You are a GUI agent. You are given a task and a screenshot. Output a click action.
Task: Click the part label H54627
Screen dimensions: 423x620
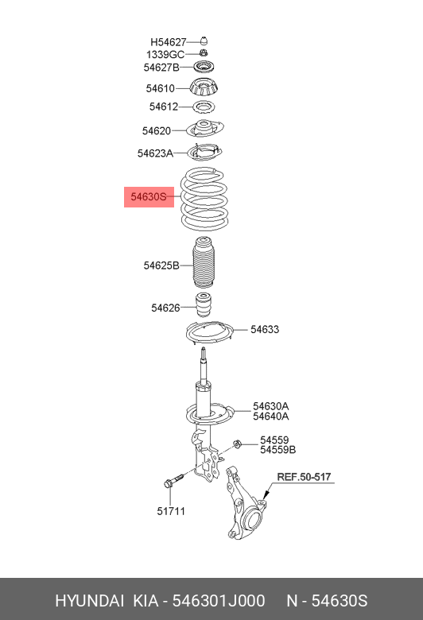point(169,42)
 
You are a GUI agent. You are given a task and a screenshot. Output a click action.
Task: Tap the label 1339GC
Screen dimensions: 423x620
point(165,55)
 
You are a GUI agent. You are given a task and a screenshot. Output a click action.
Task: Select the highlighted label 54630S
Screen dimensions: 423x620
point(149,196)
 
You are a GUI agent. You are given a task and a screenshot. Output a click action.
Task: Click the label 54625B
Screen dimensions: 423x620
point(161,265)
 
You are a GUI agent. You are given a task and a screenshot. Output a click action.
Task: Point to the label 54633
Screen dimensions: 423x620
point(265,329)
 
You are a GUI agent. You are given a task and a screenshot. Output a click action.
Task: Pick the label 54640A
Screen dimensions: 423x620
point(271,417)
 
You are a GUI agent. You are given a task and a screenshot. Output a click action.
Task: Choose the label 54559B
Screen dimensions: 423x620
point(277,450)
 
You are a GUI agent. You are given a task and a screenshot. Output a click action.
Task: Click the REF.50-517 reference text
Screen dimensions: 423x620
point(304,477)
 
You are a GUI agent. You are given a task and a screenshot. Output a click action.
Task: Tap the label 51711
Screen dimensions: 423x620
point(171,511)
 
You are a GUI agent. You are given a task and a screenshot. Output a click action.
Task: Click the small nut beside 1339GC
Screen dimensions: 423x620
point(204,53)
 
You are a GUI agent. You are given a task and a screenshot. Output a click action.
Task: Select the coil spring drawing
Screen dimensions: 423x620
point(204,199)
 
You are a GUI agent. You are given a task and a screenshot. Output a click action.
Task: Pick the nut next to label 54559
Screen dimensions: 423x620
point(238,444)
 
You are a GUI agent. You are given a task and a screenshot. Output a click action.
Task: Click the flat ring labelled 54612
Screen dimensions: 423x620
point(204,107)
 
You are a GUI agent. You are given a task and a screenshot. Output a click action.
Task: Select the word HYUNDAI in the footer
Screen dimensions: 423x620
point(89,601)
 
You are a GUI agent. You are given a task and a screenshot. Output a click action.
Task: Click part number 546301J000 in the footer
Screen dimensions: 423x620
point(219,601)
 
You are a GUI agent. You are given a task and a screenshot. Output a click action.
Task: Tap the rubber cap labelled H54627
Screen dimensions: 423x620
point(204,41)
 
